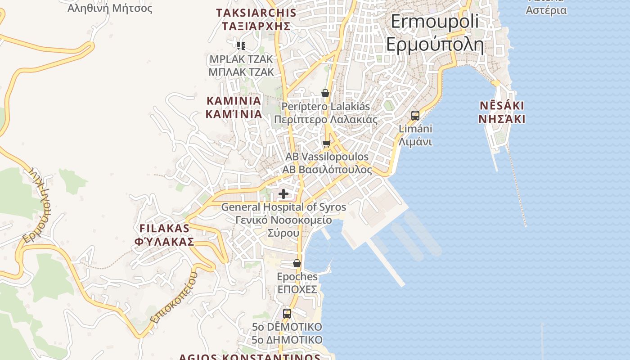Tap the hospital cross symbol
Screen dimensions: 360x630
tap(283, 194)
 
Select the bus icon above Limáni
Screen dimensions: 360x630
tap(415, 115)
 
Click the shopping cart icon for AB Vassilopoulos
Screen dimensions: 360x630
tap(326, 144)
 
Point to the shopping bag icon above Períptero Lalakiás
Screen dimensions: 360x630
tap(325, 93)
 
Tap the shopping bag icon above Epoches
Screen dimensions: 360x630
tap(297, 263)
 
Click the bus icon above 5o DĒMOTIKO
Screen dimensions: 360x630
tap(287, 313)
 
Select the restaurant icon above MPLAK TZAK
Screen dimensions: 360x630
tap(241, 45)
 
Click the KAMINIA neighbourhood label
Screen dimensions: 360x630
tap(234, 100)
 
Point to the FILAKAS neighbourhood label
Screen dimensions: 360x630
tap(164, 228)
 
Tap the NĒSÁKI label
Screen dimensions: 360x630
tap(502, 106)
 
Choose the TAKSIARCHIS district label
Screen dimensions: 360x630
tap(256, 13)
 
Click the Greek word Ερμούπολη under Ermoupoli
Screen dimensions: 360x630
tap(435, 45)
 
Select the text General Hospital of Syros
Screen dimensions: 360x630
tap(283, 207)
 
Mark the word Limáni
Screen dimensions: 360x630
tap(415, 129)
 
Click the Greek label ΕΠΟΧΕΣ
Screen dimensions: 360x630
tap(297, 289)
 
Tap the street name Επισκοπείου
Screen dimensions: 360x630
tap(174, 298)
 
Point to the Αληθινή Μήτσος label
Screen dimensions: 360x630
tap(110, 8)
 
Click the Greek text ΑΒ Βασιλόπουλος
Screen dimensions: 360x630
tap(327, 170)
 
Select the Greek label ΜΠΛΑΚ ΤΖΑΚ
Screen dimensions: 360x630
tap(241, 72)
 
